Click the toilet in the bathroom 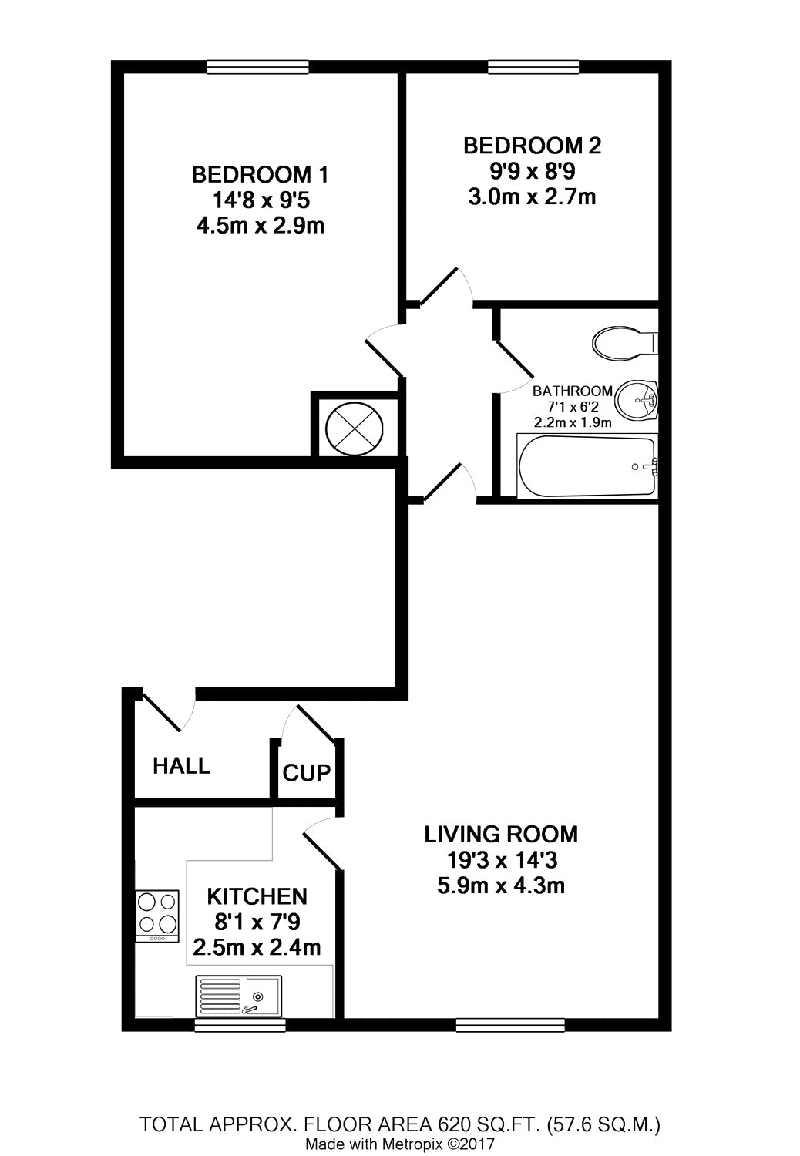tap(625, 341)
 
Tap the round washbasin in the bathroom tap(637, 399)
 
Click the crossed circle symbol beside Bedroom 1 tap(354, 429)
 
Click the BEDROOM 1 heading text tap(261, 175)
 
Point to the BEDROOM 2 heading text tap(532, 146)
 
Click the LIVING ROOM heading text tap(501, 835)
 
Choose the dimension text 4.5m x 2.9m tap(261, 226)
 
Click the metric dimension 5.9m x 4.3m tap(501, 885)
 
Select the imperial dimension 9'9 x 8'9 tap(532, 171)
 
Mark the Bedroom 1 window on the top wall tap(258, 67)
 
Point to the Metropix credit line tap(400, 1144)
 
